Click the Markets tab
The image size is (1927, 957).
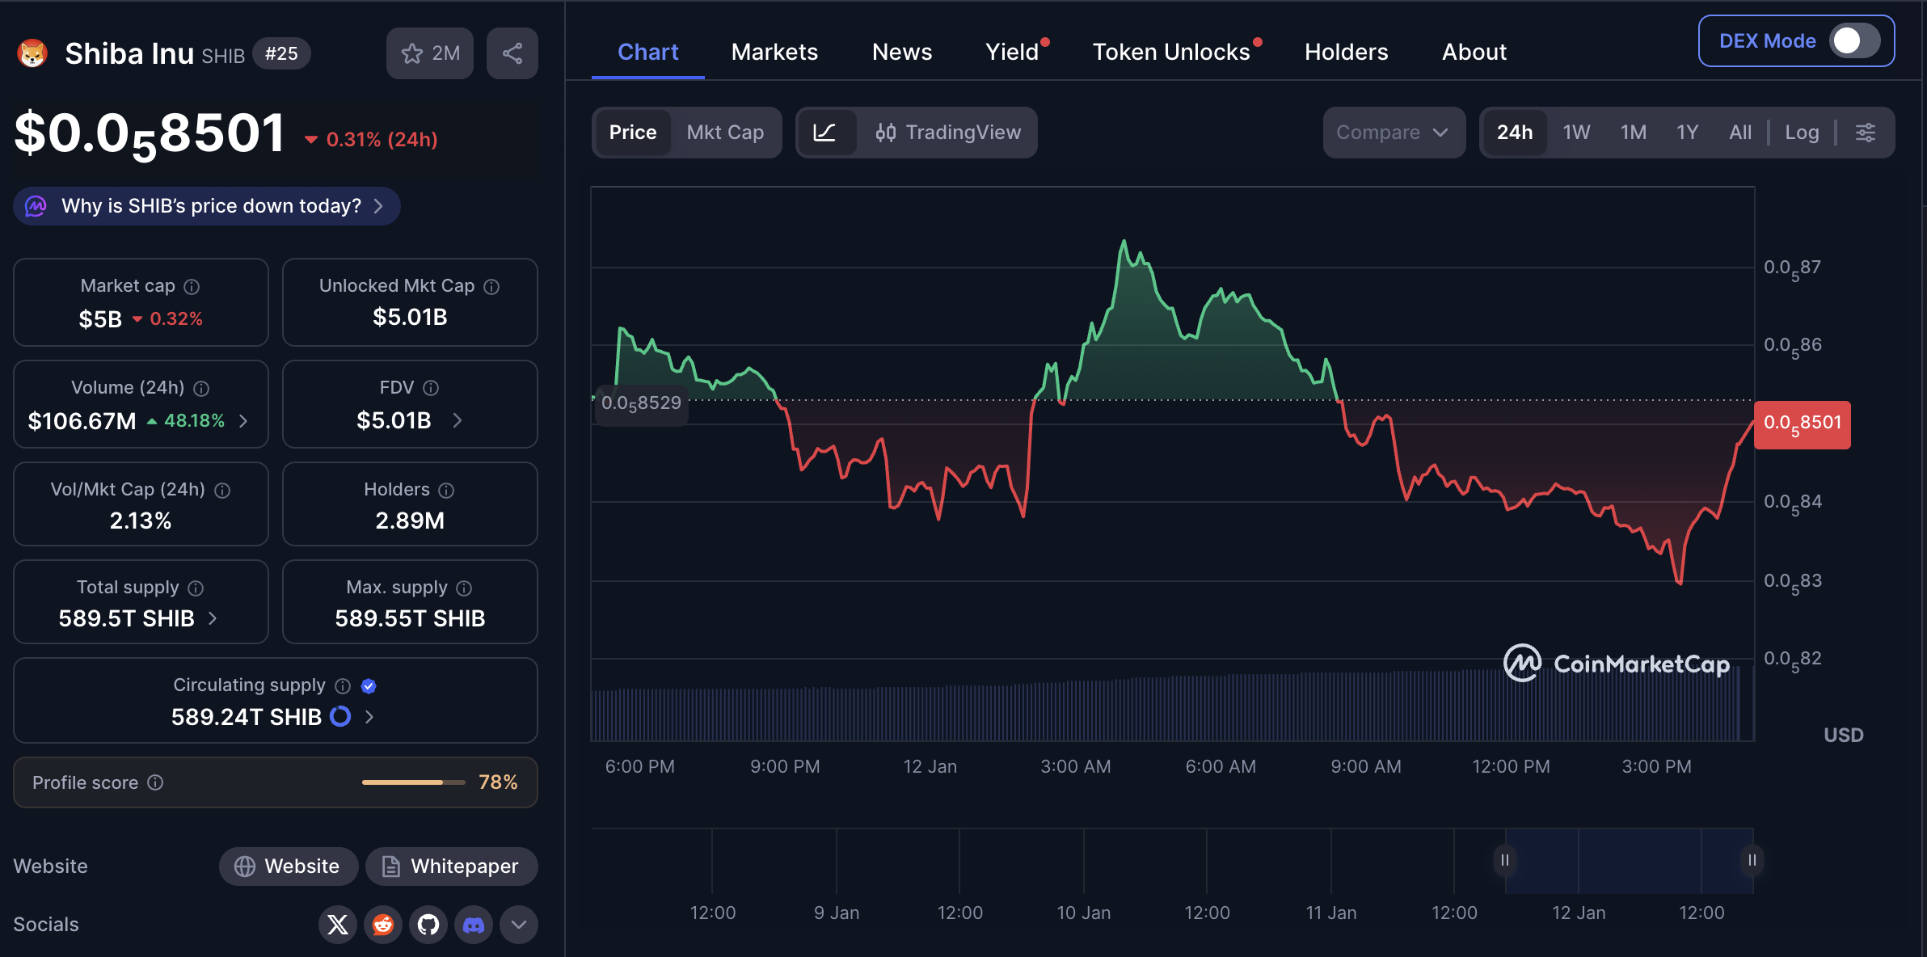click(x=774, y=52)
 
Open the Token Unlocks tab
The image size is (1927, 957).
click(x=1171, y=52)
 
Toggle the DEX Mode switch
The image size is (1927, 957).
click(x=1854, y=41)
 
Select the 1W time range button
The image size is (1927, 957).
click(x=1576, y=133)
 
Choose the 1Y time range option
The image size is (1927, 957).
click(x=1687, y=133)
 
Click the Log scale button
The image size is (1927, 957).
click(x=1802, y=133)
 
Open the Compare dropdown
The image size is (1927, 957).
click(x=1393, y=133)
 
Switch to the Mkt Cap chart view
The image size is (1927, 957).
click(x=725, y=133)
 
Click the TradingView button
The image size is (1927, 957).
click(x=948, y=133)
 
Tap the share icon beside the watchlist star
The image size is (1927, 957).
click(x=512, y=53)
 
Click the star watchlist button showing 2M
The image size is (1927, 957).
click(x=430, y=53)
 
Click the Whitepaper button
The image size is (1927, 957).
click(x=451, y=866)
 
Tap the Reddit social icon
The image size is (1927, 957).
click(x=383, y=925)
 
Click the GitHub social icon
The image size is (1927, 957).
click(x=428, y=925)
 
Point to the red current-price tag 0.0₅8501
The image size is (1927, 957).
click(x=1802, y=424)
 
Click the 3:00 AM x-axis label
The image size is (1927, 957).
click(x=1075, y=766)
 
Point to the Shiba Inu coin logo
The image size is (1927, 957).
click(x=32, y=53)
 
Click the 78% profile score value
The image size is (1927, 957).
click(x=498, y=782)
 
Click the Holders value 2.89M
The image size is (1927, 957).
click(x=410, y=521)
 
